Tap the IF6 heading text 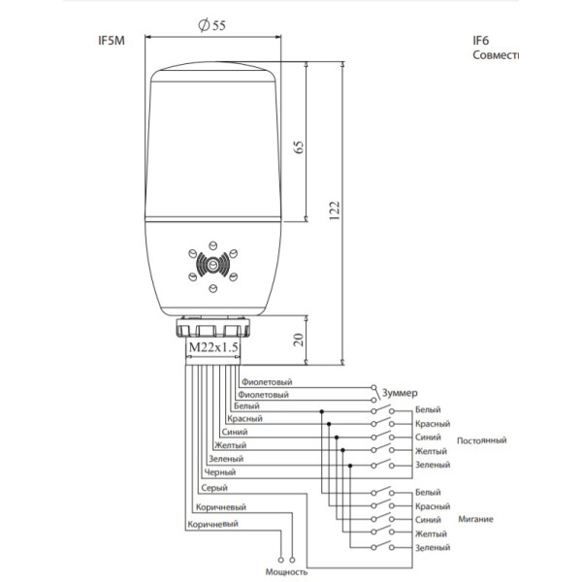(480, 41)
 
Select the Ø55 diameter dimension (211, 26)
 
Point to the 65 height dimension (300, 145)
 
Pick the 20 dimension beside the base (300, 339)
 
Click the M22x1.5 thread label (212, 346)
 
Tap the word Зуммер (400, 392)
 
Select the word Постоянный (481, 440)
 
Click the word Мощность (284, 572)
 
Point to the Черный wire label (222, 472)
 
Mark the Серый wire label (215, 487)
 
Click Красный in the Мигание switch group (432, 506)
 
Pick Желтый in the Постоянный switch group (431, 451)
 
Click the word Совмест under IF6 (496, 55)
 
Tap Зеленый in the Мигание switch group (432, 548)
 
